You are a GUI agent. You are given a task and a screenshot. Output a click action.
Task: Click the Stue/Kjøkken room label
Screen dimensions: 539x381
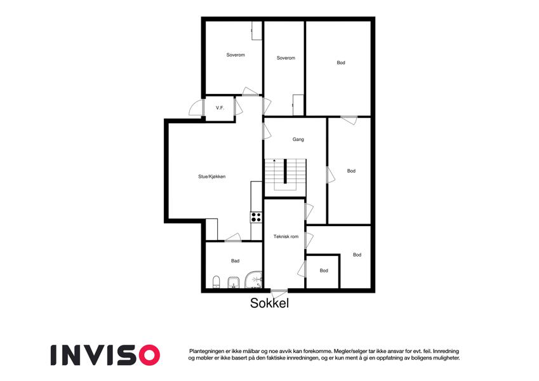(212, 177)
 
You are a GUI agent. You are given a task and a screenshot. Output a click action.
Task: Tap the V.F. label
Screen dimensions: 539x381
(220, 107)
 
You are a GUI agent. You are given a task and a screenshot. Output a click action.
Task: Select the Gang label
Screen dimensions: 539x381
(298, 139)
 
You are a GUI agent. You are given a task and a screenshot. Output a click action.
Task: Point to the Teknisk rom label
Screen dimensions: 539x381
(286, 236)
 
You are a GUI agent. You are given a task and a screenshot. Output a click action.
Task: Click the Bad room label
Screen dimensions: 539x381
(235, 260)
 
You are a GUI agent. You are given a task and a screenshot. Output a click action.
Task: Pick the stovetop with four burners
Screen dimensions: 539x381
(256, 217)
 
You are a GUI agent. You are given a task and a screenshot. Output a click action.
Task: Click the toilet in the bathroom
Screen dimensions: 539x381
(216, 282)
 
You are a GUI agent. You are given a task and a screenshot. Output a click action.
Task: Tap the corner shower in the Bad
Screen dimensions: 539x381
(254, 279)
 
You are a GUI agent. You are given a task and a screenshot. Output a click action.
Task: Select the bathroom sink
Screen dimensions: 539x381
(234, 283)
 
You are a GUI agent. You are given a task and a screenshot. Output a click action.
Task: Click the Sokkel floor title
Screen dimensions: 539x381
(269, 303)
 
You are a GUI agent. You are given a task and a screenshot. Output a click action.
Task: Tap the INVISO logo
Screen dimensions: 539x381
(105, 355)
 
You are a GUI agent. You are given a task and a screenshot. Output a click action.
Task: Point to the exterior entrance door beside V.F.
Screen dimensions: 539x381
(196, 107)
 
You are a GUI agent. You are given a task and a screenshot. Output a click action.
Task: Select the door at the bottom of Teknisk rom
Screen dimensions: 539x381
(279, 295)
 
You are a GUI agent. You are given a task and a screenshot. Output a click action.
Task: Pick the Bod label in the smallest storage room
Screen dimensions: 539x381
(324, 271)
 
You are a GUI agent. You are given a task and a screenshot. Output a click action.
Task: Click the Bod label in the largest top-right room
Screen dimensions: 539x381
(341, 63)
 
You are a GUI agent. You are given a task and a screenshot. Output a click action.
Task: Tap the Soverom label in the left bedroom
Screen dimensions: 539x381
(236, 55)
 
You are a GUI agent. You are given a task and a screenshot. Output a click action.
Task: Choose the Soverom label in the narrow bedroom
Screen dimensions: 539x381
(286, 58)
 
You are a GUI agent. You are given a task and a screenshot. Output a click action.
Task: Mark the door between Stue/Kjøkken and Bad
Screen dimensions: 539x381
(233, 237)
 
